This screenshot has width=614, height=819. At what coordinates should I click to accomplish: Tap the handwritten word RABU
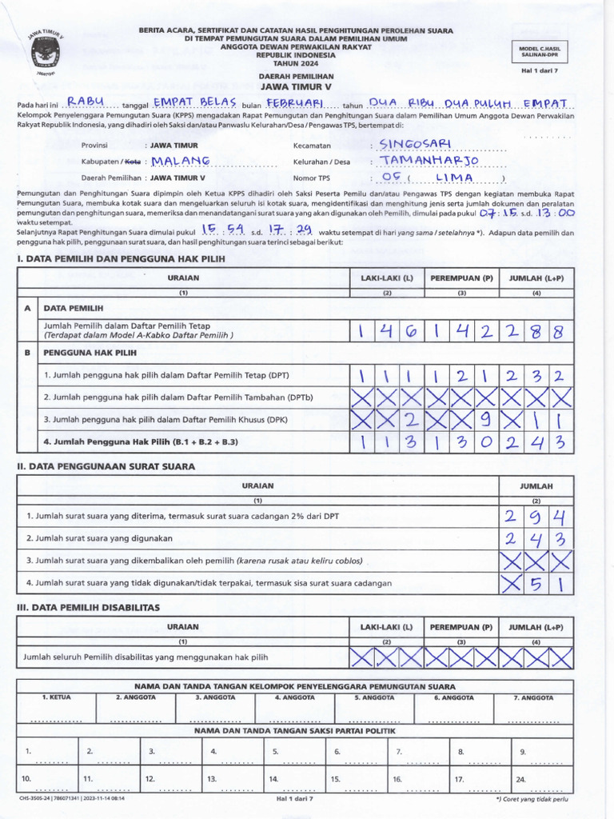[x=86, y=102]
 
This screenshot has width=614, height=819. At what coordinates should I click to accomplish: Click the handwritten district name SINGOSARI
[x=415, y=143]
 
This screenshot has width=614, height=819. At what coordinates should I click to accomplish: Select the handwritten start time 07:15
[x=497, y=214]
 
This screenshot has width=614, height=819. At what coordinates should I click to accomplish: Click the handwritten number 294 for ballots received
[x=536, y=516]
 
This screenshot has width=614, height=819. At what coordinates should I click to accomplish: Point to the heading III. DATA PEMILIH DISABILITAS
[x=89, y=608]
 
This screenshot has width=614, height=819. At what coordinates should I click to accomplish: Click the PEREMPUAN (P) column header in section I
[x=461, y=278]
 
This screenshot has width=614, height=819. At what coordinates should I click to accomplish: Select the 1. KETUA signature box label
[x=56, y=697]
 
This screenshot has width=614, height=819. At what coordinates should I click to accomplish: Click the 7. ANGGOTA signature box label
[x=535, y=697]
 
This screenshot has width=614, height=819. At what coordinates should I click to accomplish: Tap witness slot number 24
[x=520, y=777]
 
